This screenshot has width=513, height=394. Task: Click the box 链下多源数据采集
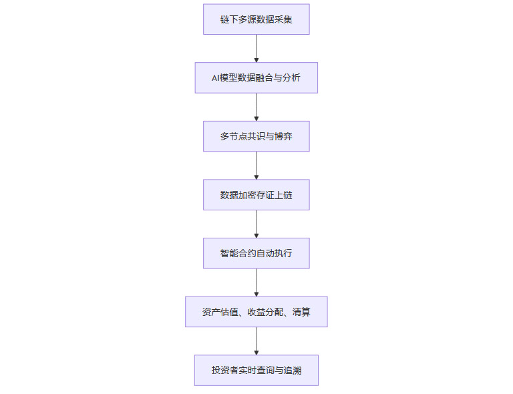coord(256,19)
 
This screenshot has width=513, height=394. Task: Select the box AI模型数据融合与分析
coord(256,77)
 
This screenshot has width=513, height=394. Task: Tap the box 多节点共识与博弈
coord(256,136)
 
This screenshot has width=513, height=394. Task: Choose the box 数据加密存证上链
coord(256,195)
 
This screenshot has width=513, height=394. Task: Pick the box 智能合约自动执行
coord(256,253)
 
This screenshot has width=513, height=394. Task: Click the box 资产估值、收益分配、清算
coord(256,312)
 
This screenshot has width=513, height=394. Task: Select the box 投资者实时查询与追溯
coord(256,370)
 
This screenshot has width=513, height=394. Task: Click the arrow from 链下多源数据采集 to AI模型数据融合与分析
coord(256,48)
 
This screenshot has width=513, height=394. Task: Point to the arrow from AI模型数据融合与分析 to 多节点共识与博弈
coord(256,107)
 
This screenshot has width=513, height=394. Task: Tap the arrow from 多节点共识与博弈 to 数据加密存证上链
coord(256,166)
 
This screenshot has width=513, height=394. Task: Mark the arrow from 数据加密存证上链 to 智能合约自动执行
coord(256,224)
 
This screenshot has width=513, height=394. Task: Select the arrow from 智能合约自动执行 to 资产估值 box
coord(256,282)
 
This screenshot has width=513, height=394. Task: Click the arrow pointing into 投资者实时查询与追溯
coord(256,341)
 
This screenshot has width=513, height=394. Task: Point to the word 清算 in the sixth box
coord(301,312)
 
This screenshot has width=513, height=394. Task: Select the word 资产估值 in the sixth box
coord(220,312)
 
